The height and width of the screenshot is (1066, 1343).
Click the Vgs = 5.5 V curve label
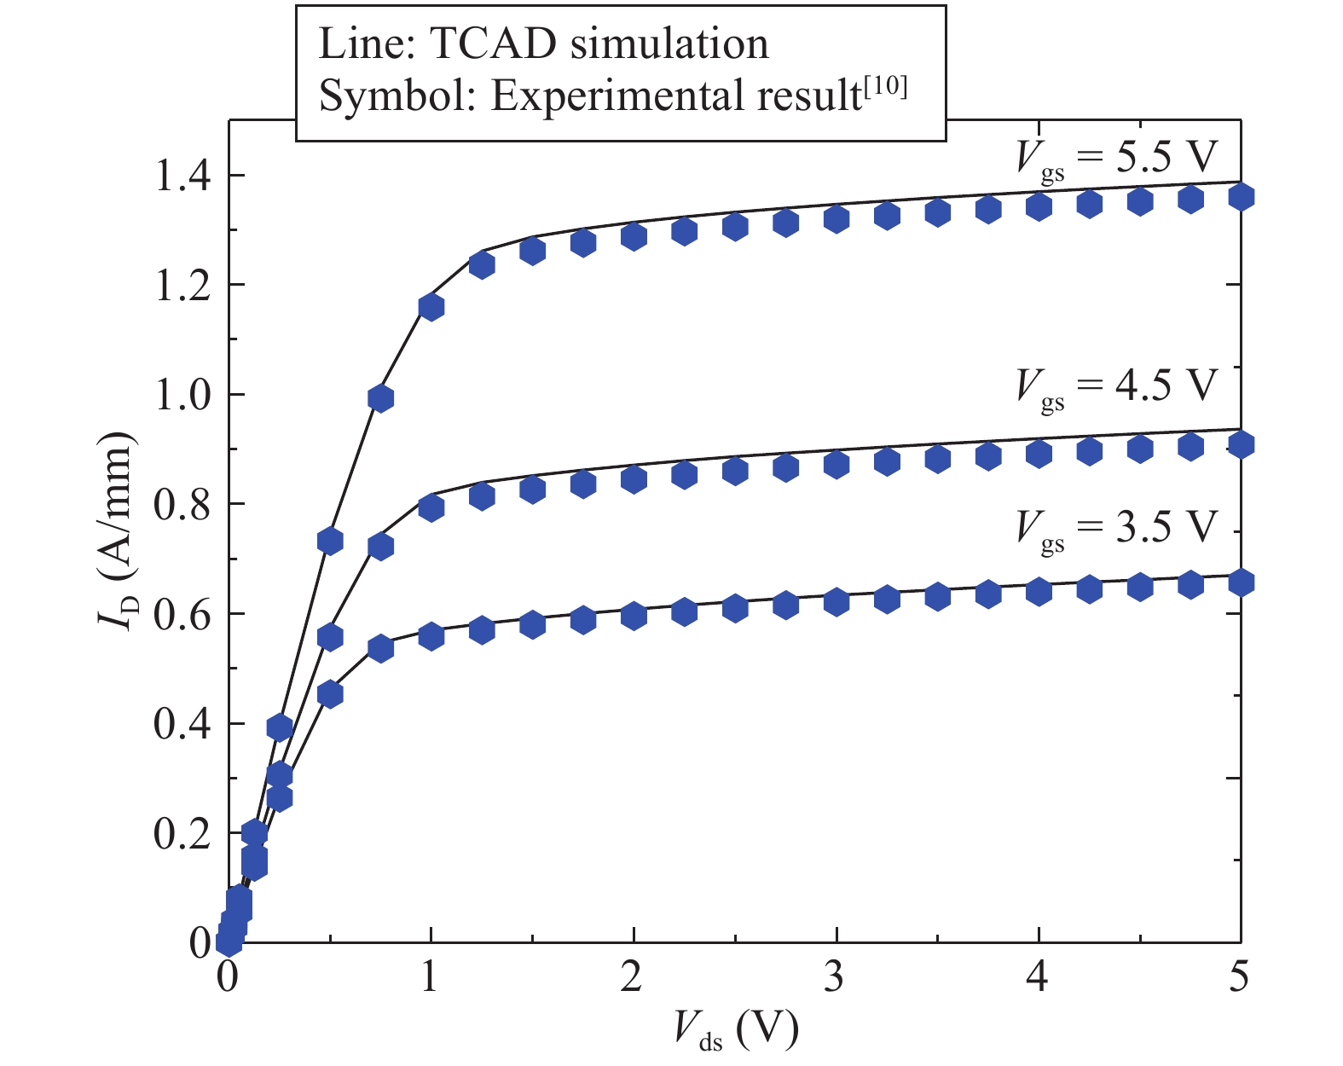pos(1117,158)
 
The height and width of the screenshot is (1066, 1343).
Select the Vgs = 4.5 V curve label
pos(1117,386)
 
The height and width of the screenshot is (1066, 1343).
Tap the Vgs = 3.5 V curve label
pos(1117,528)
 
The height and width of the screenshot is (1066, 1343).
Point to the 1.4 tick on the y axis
pos(182,177)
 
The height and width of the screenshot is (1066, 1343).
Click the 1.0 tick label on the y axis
pos(182,396)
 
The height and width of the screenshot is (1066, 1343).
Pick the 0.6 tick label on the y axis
pos(182,615)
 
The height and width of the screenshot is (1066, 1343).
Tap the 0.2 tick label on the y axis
pos(182,834)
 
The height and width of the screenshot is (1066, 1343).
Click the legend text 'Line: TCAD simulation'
pos(543,44)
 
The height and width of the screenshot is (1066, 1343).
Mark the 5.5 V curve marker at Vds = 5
pos(1241,197)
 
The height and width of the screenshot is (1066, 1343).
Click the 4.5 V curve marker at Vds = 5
pos(1241,444)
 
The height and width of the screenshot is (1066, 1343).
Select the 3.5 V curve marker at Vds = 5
pos(1241,582)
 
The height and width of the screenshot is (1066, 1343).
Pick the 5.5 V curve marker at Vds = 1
pos(431,307)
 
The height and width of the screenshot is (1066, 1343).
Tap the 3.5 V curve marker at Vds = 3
pos(836,600)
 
